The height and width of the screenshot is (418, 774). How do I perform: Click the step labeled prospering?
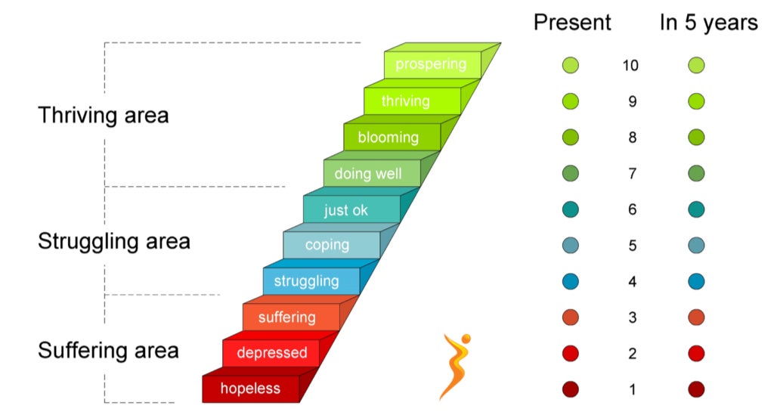point(432,64)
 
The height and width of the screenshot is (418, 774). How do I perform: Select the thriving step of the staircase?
point(412,101)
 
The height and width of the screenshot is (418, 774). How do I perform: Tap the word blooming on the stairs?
point(388,138)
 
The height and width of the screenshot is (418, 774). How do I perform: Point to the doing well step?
point(372,173)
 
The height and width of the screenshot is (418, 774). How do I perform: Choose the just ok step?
point(351,209)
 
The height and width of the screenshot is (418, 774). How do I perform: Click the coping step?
point(331,245)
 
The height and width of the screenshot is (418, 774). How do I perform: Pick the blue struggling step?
point(311,281)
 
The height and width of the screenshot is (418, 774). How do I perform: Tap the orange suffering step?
point(291,317)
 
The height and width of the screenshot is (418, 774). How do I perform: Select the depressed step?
point(271,353)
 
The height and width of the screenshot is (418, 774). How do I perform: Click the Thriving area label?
point(103,115)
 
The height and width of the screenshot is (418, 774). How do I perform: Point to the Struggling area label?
point(114,241)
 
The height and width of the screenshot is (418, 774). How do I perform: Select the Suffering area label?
point(108,351)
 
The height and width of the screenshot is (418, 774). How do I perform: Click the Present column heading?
point(572,23)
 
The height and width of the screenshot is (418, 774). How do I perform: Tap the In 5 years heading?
point(708,23)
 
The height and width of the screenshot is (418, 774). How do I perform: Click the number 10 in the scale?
point(630,65)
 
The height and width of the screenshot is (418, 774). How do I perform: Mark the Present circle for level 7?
point(571,173)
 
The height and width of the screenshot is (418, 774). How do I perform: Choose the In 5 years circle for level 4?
point(696,281)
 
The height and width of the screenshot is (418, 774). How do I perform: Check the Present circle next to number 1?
point(571,389)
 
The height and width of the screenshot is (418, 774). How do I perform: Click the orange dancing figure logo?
point(456,366)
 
